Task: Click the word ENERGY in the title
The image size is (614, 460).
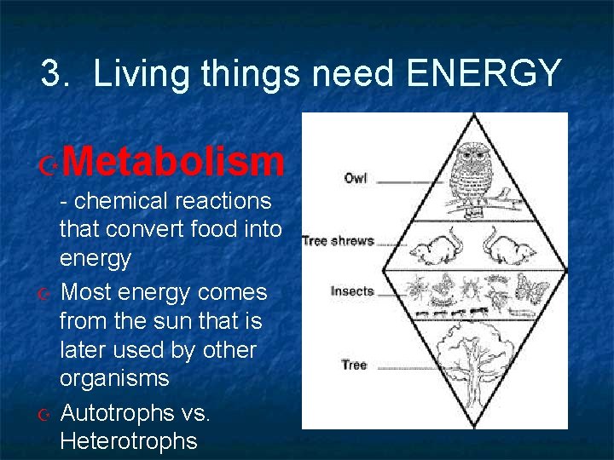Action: coord(484,74)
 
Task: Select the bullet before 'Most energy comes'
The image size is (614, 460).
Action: coord(48,294)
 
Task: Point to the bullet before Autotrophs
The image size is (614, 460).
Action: coord(48,414)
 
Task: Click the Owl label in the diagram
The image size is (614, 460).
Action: coord(355,178)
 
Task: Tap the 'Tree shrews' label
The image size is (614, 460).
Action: coord(338,241)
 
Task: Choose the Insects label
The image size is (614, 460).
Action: coord(352,291)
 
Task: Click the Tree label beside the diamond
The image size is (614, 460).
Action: coord(354,365)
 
